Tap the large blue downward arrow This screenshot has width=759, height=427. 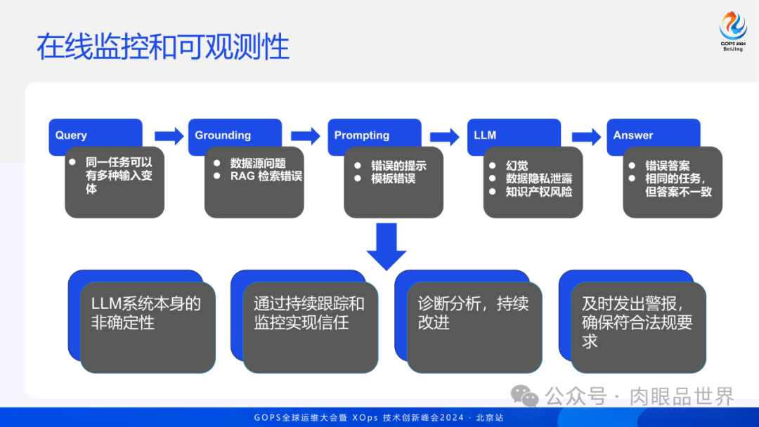click(x=387, y=247)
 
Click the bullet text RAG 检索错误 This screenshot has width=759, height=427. click(x=266, y=176)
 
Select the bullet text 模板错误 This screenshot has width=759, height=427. click(x=394, y=178)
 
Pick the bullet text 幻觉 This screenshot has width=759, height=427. click(x=517, y=166)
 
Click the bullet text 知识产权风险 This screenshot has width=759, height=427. click(x=538, y=191)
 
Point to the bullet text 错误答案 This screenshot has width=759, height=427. click(x=668, y=166)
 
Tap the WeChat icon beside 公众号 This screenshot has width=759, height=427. click(x=525, y=396)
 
